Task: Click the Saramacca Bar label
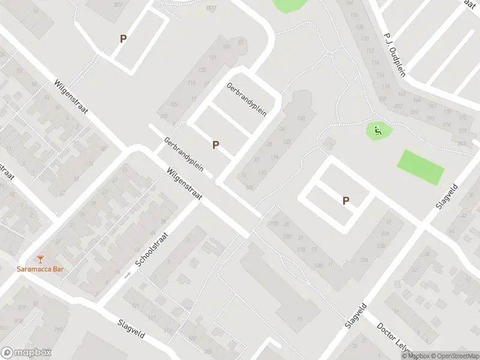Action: coord(40,269)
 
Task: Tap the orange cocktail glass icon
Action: coord(40,259)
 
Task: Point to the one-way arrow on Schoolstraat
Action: coord(127,275)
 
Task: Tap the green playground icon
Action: coord(377,131)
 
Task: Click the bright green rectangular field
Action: coord(421,167)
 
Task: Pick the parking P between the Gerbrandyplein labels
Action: coord(215,145)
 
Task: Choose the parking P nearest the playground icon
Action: coord(346,201)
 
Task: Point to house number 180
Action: coord(301,118)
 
